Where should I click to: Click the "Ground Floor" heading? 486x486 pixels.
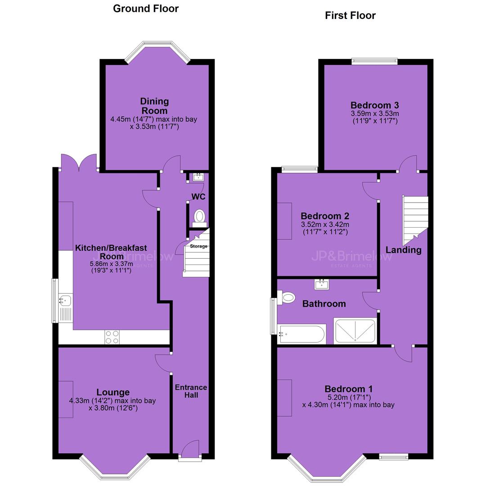click(x=146, y=9)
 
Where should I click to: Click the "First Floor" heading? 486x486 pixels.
click(x=350, y=15)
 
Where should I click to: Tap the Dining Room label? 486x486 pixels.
click(x=154, y=106)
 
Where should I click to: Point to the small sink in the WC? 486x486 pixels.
click(x=198, y=177)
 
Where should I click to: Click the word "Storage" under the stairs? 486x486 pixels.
click(x=199, y=246)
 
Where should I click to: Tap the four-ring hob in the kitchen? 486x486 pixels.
click(x=112, y=337)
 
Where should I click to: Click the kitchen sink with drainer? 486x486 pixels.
click(x=65, y=309)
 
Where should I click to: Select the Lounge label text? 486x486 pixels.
click(x=113, y=392)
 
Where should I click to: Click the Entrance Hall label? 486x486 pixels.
click(x=191, y=391)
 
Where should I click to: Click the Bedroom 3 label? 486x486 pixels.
click(x=375, y=105)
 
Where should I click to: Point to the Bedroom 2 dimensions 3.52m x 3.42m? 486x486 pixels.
click(x=325, y=225)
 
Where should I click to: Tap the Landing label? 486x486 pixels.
click(x=404, y=250)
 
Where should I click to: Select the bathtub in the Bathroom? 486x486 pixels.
click(x=301, y=334)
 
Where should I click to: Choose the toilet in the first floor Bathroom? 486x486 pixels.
click(x=286, y=298)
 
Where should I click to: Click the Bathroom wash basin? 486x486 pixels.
click(x=322, y=284)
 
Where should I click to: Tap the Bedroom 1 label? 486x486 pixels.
click(x=349, y=389)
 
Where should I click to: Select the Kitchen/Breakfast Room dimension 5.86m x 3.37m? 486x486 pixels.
click(x=112, y=264)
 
